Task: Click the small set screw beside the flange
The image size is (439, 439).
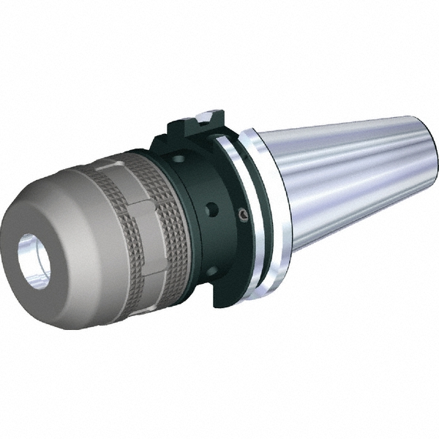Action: [x=242, y=214]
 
